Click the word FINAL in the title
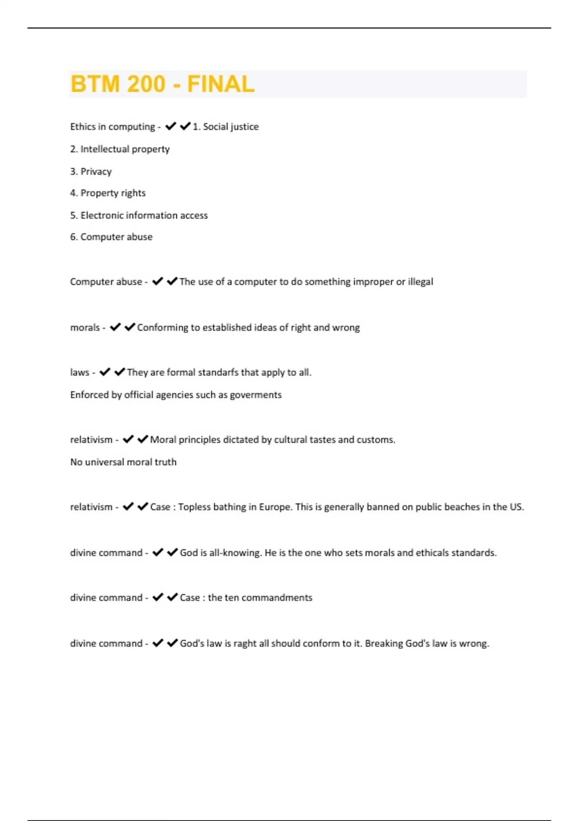[221, 84]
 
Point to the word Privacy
[96, 171]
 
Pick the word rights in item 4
[133, 193]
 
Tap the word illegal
[420, 282]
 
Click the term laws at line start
[80, 372]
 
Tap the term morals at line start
[85, 327]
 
